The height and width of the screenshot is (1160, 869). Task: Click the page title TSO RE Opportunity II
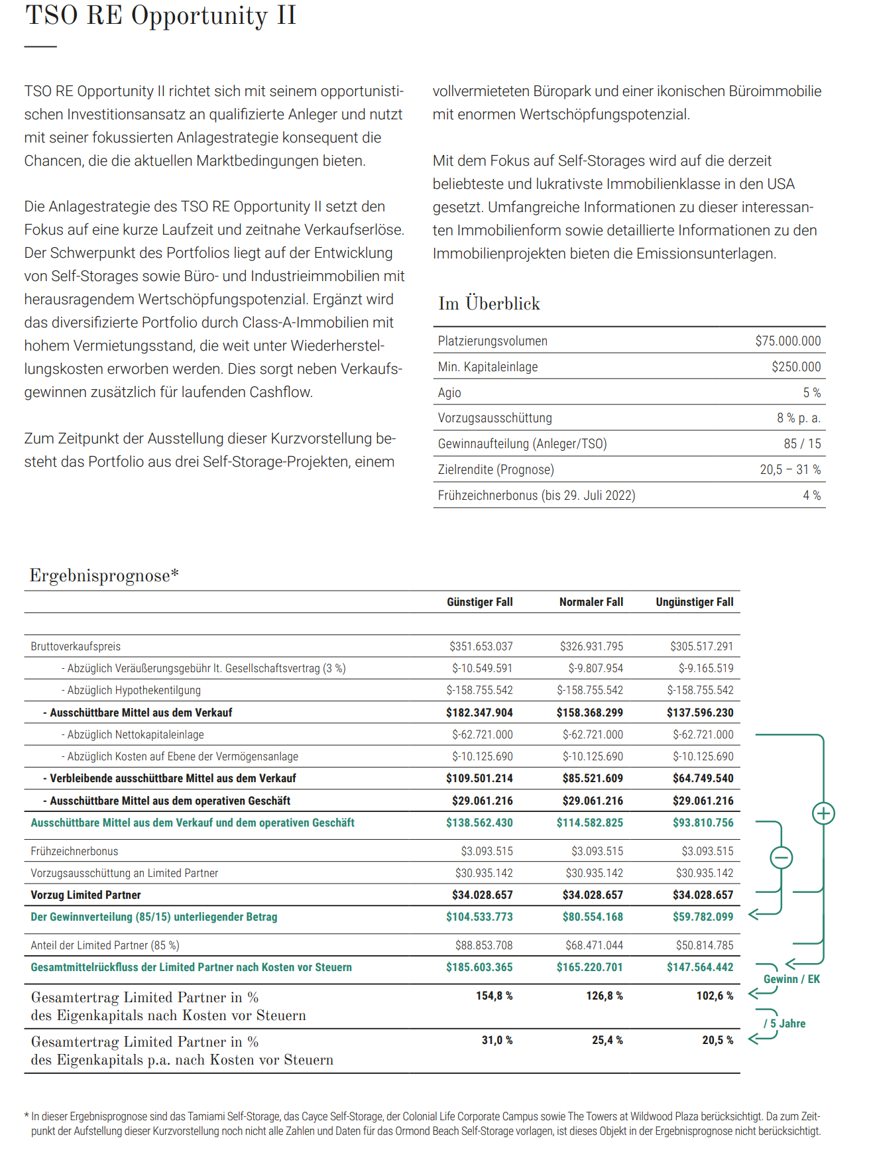[160, 16]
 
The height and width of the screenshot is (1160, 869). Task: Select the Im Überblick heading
[489, 304]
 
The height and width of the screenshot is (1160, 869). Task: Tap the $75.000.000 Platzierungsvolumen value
[787, 341]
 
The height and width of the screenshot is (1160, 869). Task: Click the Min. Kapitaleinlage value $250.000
[795, 367]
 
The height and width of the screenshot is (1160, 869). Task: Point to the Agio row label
[449, 393]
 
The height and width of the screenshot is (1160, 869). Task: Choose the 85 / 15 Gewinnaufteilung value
[802, 444]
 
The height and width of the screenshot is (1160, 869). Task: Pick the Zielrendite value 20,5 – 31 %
[790, 470]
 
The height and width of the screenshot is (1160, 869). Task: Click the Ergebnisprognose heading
[104, 575]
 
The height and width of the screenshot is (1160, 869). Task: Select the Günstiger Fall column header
[479, 602]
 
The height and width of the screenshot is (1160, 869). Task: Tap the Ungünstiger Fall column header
[694, 602]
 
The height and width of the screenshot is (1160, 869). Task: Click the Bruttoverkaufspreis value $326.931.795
[591, 646]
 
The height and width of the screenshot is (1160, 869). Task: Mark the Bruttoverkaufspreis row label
[76, 646]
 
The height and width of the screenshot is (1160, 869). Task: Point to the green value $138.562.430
[479, 823]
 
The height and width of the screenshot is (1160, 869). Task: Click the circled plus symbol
[823, 813]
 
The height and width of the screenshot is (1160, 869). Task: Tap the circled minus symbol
[782, 858]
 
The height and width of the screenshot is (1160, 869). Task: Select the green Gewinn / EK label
[791, 979]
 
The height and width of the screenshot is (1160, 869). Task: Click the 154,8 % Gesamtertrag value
[494, 996]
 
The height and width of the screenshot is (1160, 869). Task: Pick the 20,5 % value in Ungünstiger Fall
[717, 1040]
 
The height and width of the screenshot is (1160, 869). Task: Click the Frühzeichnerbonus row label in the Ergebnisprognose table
[74, 851]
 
